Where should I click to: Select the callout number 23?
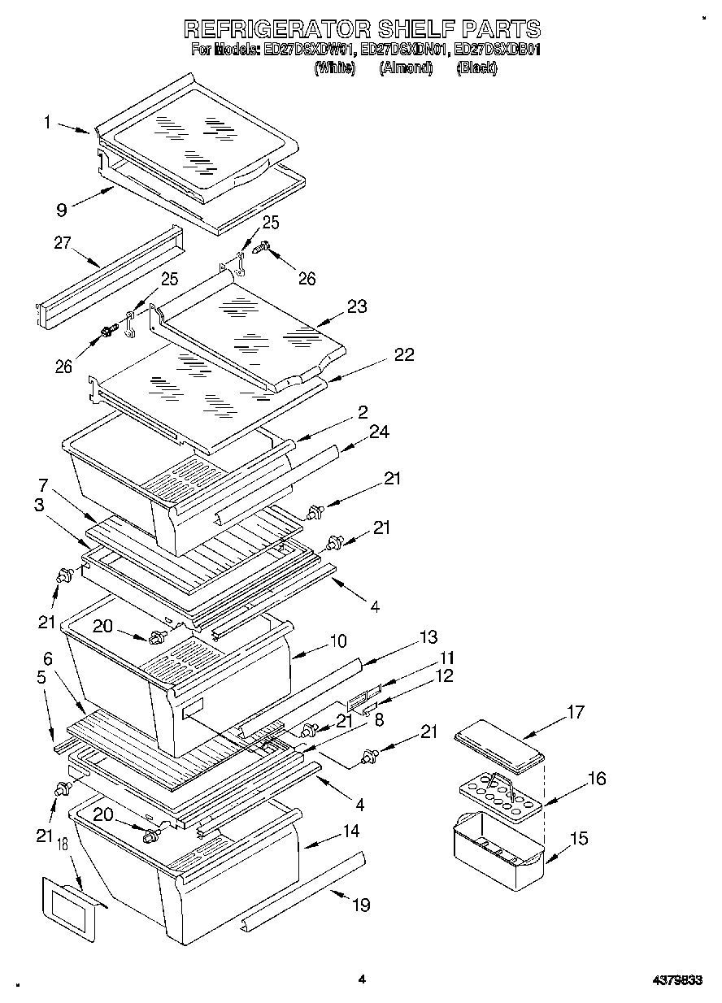[x=356, y=306]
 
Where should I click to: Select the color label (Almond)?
[x=405, y=69]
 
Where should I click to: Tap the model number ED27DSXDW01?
[x=309, y=50]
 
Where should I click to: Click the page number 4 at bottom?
[x=362, y=980]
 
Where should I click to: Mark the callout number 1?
[x=48, y=122]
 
